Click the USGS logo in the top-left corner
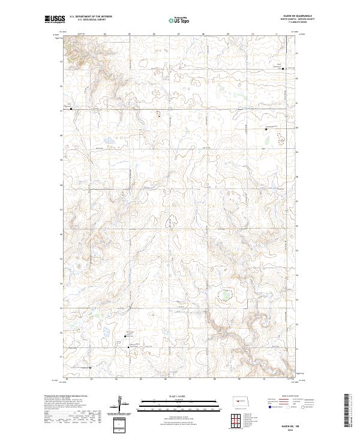pyautogui.click(x=55, y=20)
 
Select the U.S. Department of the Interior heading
pyautogui.click(x=91, y=16)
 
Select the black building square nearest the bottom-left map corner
pyautogui.click(x=90, y=367)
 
